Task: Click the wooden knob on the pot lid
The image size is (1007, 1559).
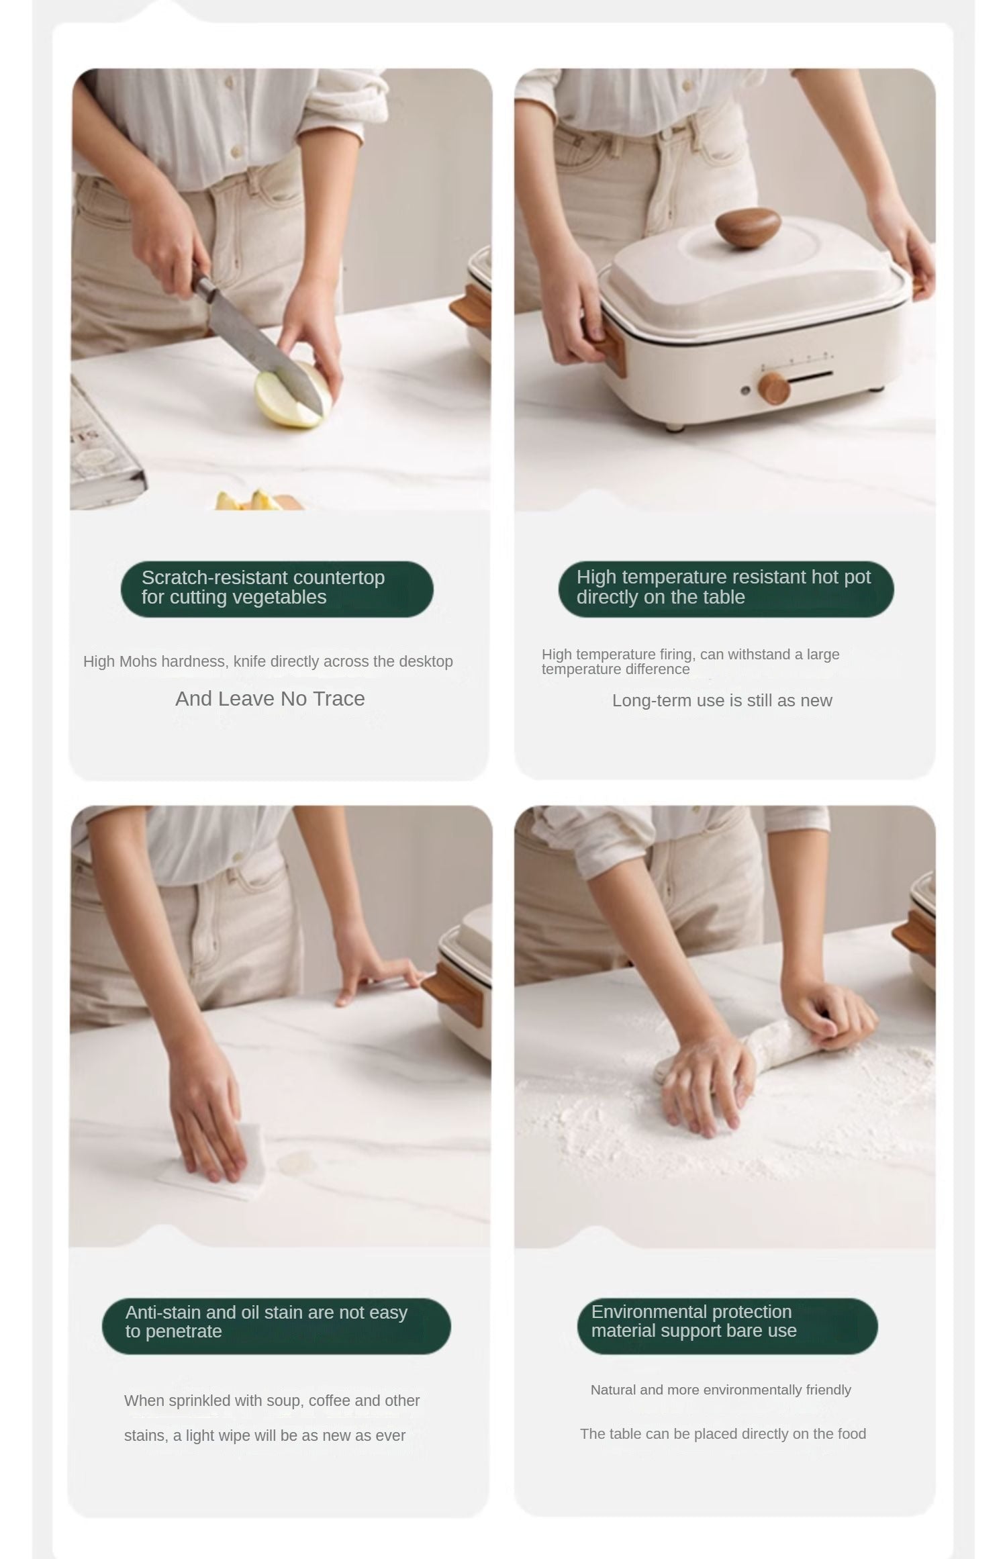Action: click(747, 228)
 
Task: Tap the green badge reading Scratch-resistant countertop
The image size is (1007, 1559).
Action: click(277, 589)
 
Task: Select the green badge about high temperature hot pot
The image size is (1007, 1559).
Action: click(726, 589)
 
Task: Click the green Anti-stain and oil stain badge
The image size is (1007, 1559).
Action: click(277, 1326)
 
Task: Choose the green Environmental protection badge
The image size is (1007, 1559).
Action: click(727, 1325)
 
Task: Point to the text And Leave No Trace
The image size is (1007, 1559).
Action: click(270, 699)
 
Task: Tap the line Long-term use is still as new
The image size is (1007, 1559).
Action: click(722, 701)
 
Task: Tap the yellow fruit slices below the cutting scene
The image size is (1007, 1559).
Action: click(252, 501)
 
